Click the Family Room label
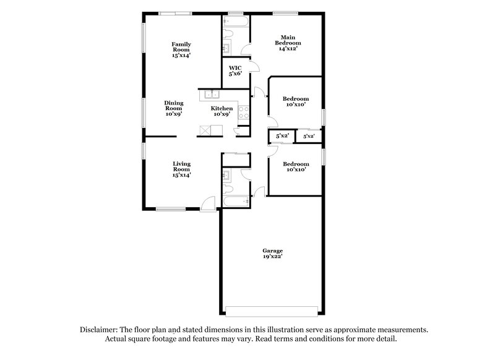pos(181,49)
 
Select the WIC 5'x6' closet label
pos(235,71)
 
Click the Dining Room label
pos(173,109)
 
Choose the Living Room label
pos(181,169)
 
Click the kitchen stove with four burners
pos(244,113)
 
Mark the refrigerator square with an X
pos(203,130)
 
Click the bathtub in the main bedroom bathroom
pos(236,23)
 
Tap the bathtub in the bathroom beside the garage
pos(236,201)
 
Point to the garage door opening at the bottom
pos(272,309)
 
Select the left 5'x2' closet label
pos(282,135)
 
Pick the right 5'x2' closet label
pos(309,135)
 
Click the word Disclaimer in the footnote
pos(101,330)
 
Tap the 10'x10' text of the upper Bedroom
pos(295,106)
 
